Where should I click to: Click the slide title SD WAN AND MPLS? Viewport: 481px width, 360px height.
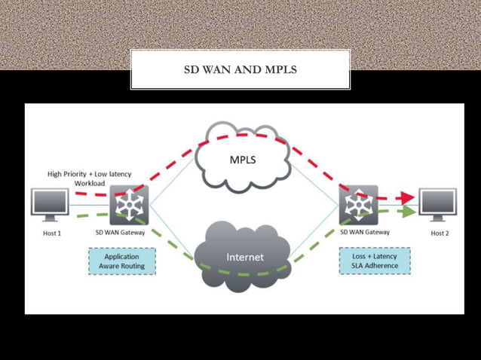tap(240, 70)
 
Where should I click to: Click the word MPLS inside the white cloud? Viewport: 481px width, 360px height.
tap(242, 160)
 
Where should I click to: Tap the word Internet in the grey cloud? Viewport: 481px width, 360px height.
tap(245, 257)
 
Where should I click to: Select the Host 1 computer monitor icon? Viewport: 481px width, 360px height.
tap(50, 204)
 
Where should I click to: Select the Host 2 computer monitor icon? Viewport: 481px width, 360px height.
tap(437, 205)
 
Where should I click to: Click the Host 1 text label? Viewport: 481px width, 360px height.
tap(51, 233)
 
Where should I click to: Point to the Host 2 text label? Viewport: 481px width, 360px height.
tap(440, 233)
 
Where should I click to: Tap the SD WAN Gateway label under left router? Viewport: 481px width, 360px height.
tap(120, 233)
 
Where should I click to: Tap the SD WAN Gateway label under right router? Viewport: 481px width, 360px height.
tap(365, 233)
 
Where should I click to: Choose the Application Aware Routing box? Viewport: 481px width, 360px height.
tap(121, 261)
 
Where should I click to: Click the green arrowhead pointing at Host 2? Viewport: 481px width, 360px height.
tap(407, 212)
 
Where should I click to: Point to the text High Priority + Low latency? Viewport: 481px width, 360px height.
tap(89, 174)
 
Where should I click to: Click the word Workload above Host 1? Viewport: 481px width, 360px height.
tap(89, 183)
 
